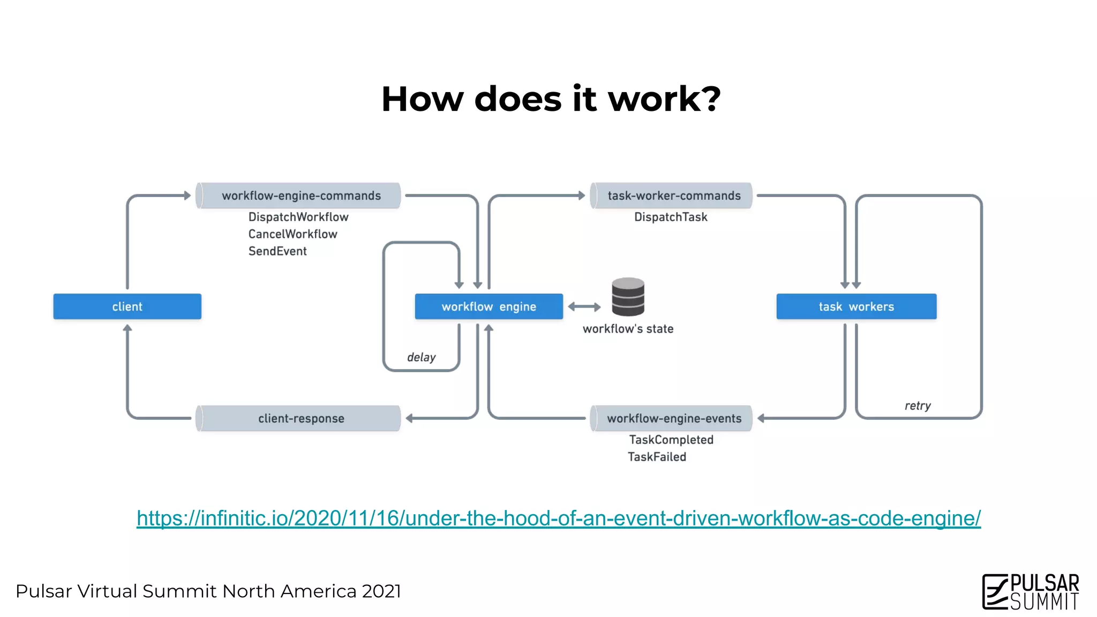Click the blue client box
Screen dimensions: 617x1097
127,306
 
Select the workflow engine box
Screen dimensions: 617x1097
489,306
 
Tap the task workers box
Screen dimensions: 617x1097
856,306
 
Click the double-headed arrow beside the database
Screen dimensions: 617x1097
584,307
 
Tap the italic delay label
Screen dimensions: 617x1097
421,357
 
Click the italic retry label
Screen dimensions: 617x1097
918,405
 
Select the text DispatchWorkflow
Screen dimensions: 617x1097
298,217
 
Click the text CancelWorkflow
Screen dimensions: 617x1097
292,234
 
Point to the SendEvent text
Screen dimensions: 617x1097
277,251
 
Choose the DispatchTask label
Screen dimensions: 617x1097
671,217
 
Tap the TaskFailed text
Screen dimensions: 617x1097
657,457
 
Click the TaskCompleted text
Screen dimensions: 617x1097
671,440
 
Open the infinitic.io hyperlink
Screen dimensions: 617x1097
558,518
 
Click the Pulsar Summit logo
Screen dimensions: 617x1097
1031,591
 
